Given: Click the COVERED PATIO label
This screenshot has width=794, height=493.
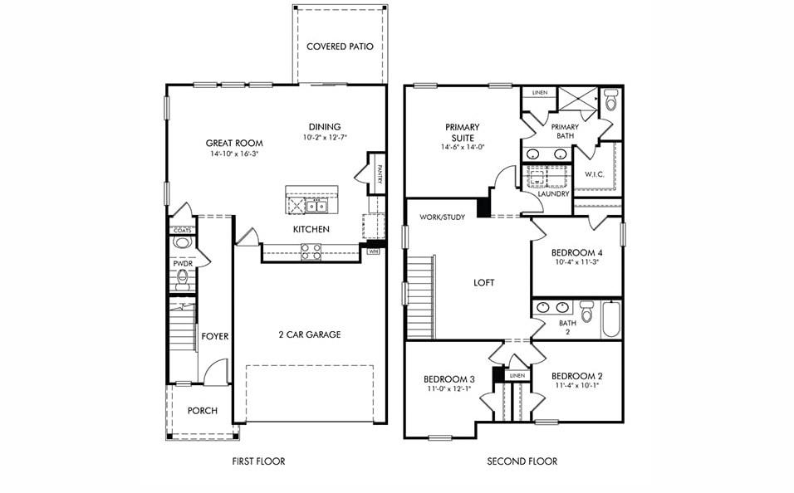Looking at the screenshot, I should coord(340,46).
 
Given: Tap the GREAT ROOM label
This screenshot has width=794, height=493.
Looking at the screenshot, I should coord(234,144).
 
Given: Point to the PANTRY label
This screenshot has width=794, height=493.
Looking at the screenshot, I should coord(378,173).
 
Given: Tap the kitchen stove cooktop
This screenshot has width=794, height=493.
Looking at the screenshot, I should coord(311,251).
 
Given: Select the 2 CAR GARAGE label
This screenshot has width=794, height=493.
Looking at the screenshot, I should coord(309,334).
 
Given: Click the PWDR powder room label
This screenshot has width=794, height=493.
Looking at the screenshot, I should coord(181,262).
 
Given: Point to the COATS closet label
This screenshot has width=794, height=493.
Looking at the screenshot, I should coord(182,230).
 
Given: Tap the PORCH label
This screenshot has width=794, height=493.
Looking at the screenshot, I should coord(203,411).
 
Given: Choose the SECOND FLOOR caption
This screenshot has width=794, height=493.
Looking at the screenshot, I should coord(522,461).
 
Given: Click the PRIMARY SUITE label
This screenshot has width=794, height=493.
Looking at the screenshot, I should coord(463,133).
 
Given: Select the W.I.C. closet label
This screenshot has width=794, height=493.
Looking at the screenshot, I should coord(594,174).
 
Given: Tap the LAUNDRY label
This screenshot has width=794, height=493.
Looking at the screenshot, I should coord(554,194).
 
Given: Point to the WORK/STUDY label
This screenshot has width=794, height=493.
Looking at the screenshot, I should coord(442,217).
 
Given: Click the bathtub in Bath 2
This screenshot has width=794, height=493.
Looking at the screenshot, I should coord(611,319).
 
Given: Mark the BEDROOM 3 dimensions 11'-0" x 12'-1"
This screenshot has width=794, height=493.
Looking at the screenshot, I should coord(448,388).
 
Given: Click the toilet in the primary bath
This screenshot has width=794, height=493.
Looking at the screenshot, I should coord(610,100).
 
